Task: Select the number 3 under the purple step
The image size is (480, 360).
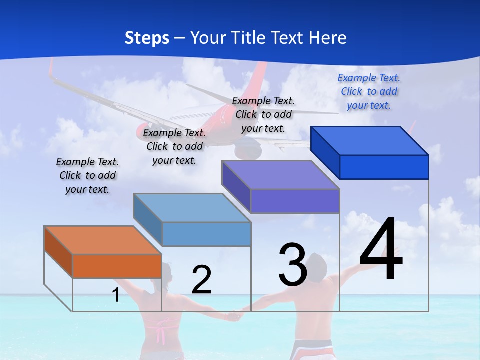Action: point(293,264)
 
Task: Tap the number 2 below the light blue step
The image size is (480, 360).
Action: point(201,279)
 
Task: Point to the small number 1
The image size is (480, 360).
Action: point(115,295)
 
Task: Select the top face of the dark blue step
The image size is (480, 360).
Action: point(370,140)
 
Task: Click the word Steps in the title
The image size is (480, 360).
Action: point(147,38)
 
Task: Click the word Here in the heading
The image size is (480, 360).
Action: point(327,38)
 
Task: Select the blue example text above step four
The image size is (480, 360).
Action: point(369,91)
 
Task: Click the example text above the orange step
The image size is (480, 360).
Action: point(87,175)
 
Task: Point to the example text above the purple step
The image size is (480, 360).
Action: point(263,114)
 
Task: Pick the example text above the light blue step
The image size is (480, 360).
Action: point(174,146)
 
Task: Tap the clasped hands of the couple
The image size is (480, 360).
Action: point(232,316)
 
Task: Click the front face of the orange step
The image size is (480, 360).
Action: point(117,266)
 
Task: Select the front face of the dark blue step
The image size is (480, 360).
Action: point(384,167)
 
